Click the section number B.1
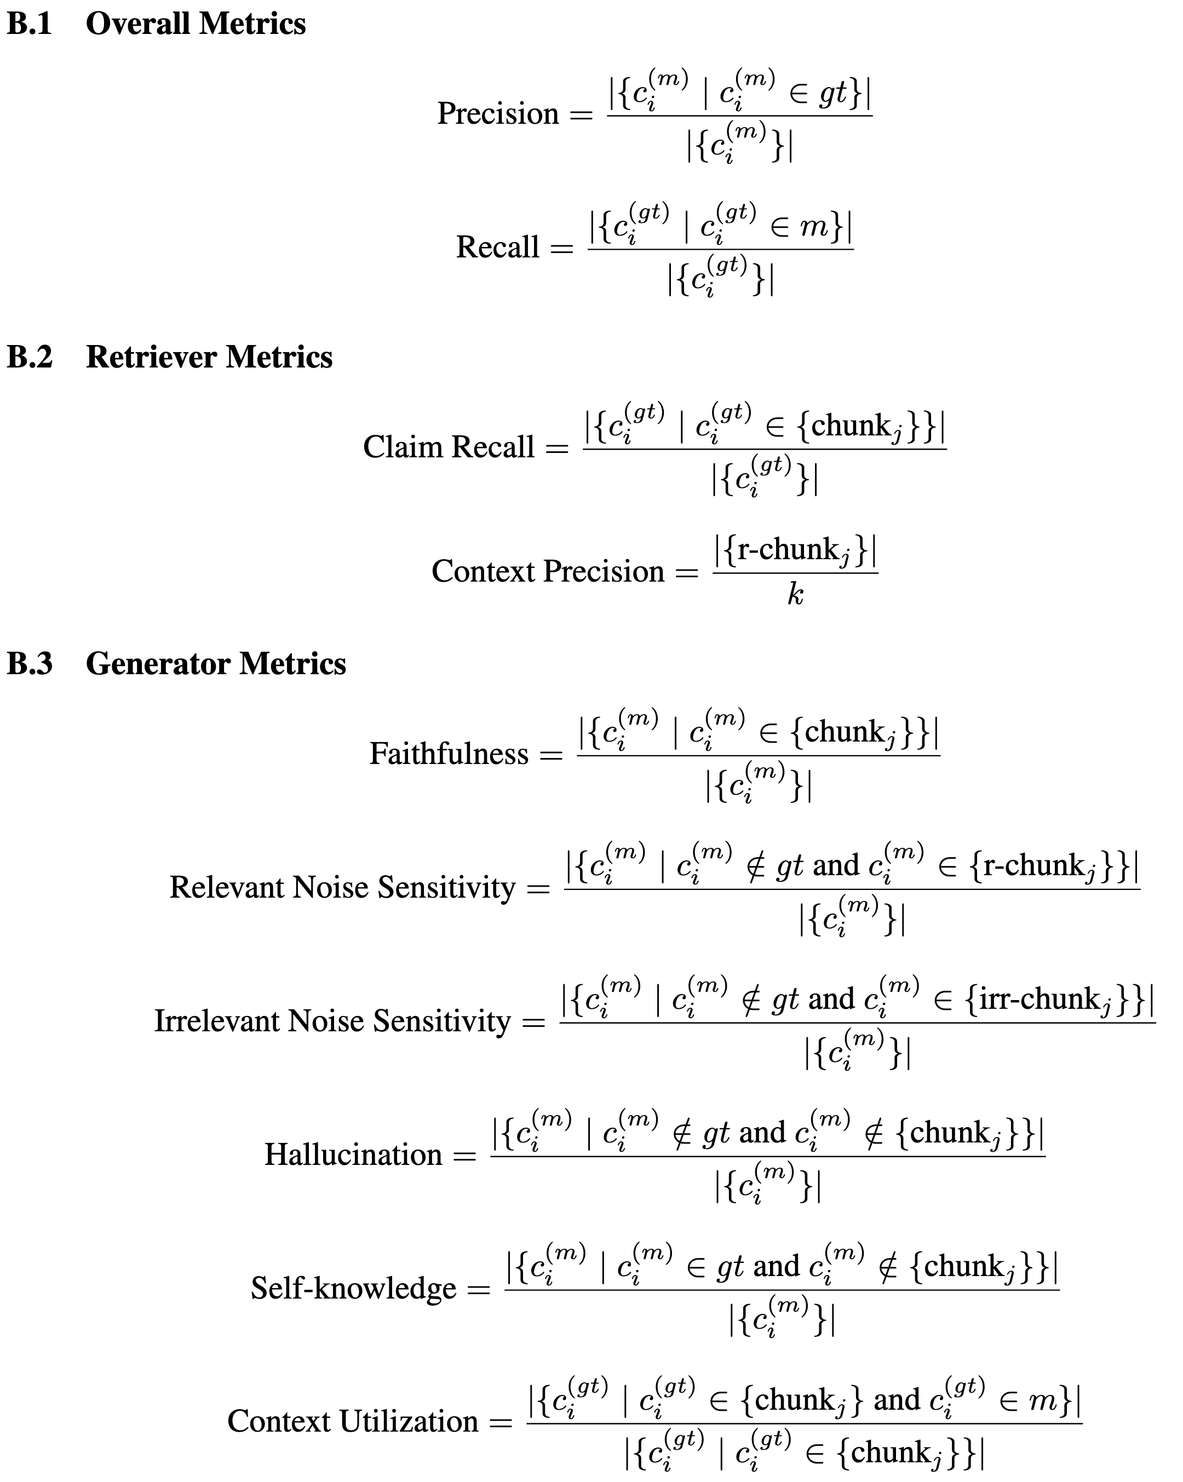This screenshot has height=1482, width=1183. [x=30, y=24]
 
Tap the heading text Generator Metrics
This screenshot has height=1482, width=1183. [x=216, y=663]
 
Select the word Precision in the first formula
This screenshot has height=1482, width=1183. [x=498, y=113]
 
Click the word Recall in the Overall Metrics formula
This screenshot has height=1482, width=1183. [x=498, y=247]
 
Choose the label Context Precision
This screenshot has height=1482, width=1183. [x=547, y=571]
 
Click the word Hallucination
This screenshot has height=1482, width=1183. [x=353, y=1154]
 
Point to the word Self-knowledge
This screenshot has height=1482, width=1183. [x=353, y=1288]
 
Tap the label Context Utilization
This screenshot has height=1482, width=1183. [x=352, y=1422]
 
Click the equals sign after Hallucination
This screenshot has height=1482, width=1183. [x=464, y=1156]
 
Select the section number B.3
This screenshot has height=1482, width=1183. [x=30, y=663]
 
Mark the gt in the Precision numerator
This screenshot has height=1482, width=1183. [x=833, y=94]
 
